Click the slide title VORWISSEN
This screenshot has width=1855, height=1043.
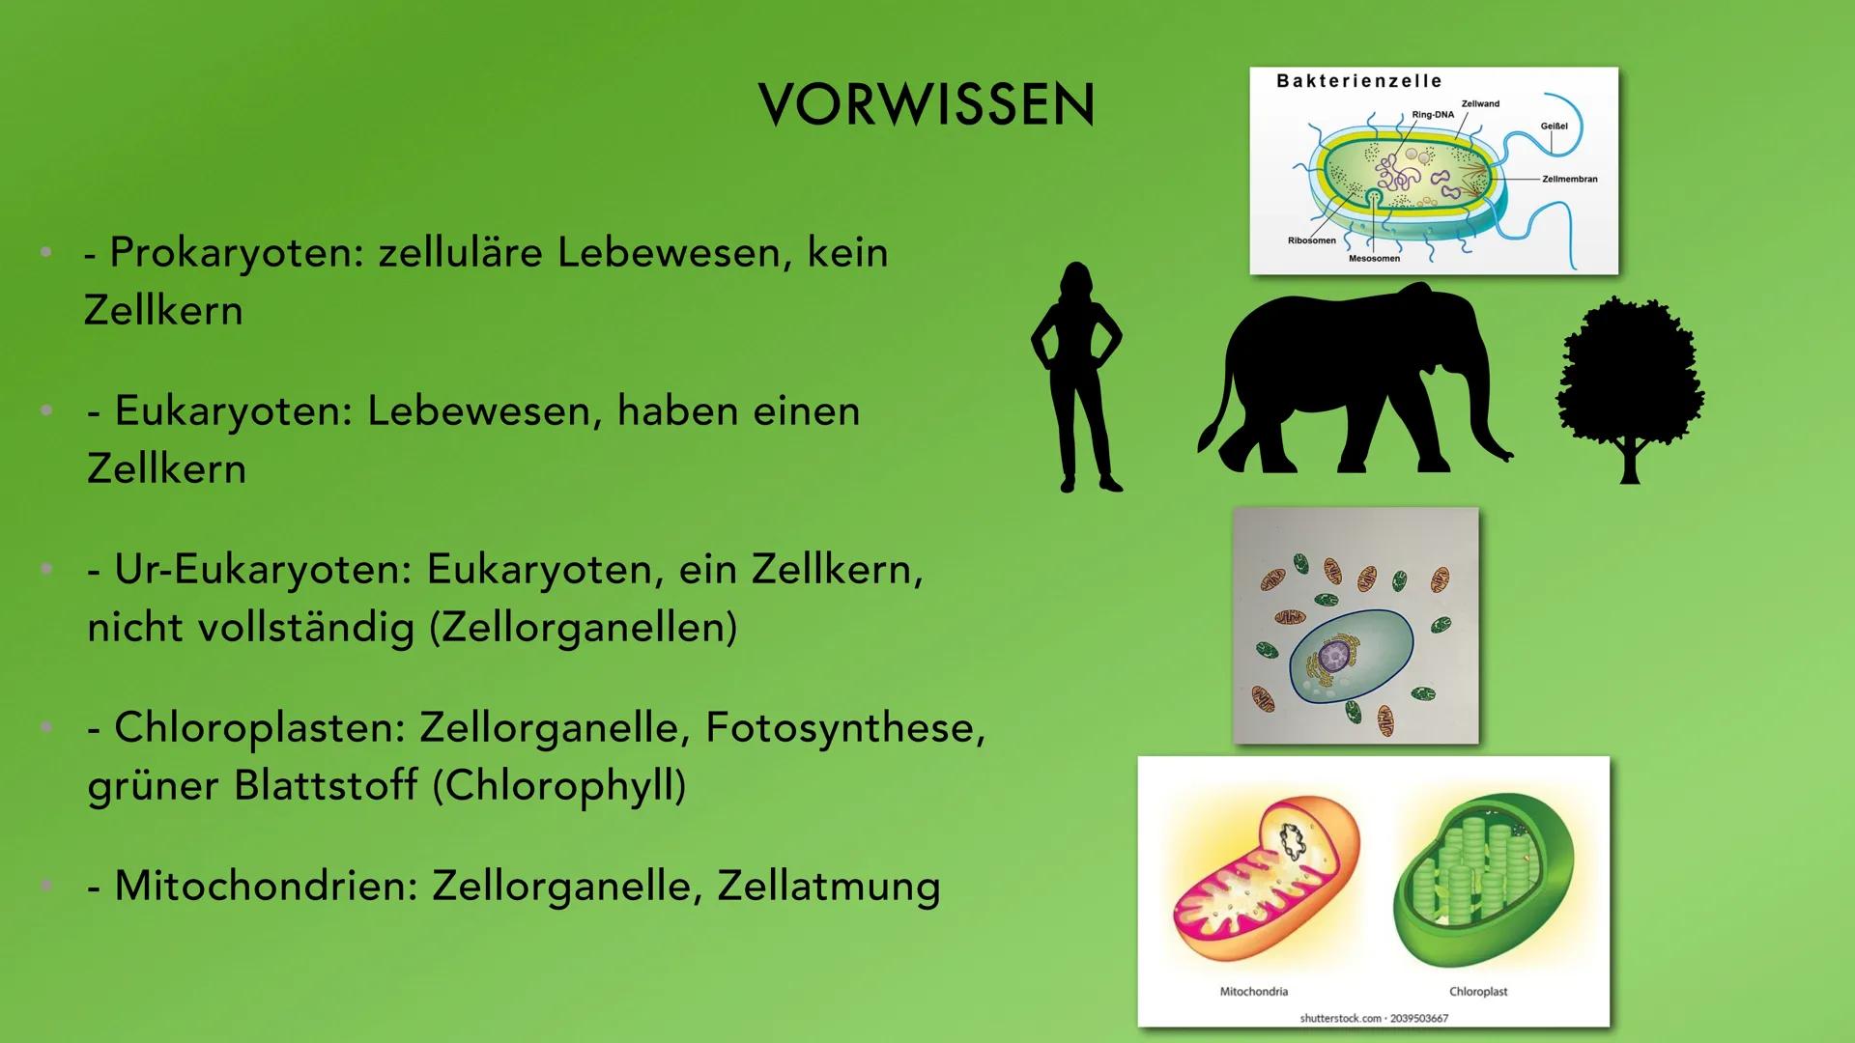coord(927,104)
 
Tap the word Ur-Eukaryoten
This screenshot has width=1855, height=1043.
coord(249,570)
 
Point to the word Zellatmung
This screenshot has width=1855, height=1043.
coord(828,887)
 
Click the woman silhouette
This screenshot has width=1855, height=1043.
coord(1076,377)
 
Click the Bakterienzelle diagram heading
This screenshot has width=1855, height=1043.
coord(1358,81)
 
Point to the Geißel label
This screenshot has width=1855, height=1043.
coord(1554,127)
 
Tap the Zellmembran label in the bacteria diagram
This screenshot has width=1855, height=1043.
coord(1569,180)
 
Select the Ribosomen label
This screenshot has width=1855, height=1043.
coord(1311,240)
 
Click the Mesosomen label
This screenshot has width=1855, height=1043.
coord(1374,259)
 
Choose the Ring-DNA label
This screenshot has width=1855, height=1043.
coord(1432,115)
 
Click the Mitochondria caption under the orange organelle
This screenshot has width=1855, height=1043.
coord(1253,992)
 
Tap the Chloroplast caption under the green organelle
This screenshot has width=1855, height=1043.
coord(1478,992)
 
